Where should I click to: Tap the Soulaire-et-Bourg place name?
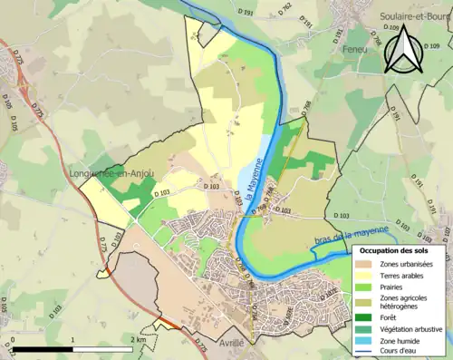point(416,16)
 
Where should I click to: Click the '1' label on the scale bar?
point(72,339)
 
